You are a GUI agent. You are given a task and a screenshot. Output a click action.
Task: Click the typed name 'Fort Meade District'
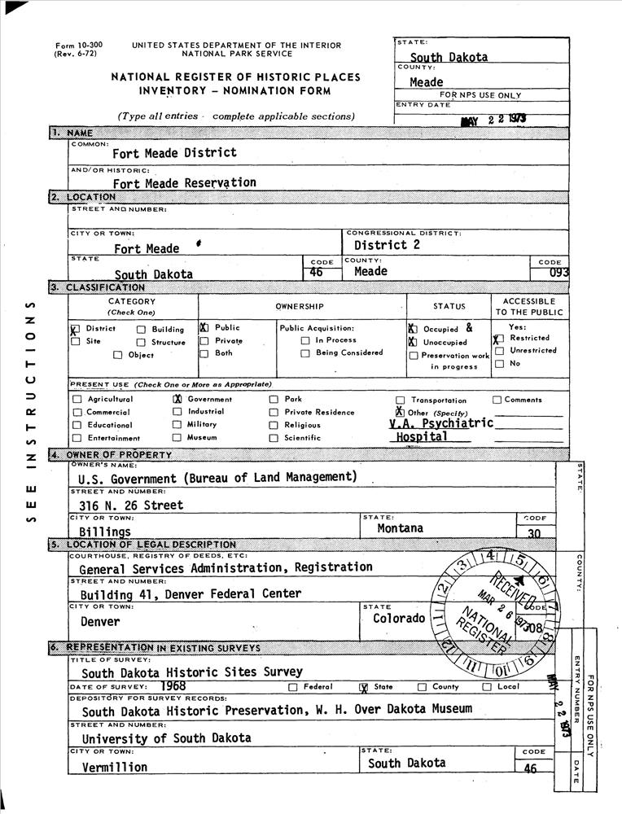174,152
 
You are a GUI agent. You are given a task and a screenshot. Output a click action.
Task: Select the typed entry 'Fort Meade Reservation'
184,183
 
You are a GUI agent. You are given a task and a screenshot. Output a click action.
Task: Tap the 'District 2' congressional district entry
387,245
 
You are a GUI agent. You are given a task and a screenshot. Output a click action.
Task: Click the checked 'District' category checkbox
75,330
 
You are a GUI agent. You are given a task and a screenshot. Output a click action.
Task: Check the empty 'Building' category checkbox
141,330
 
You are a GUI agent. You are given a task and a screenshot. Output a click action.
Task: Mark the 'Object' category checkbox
117,355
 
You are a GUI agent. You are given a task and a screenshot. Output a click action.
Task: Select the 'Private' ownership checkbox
204,341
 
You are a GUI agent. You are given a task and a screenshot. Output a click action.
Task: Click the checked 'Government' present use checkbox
177,400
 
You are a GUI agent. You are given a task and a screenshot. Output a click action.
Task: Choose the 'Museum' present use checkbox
177,437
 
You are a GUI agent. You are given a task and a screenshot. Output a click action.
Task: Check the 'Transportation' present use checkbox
400,400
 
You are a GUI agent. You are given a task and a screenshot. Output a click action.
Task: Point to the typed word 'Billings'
105,532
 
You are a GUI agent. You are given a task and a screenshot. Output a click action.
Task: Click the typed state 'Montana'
400,528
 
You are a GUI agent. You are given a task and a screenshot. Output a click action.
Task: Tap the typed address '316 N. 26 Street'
131,505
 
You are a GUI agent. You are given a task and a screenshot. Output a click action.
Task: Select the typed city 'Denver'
100,622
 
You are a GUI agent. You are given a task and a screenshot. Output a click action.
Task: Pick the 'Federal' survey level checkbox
292,687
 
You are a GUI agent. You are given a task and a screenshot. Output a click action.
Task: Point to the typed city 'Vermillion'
114,767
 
